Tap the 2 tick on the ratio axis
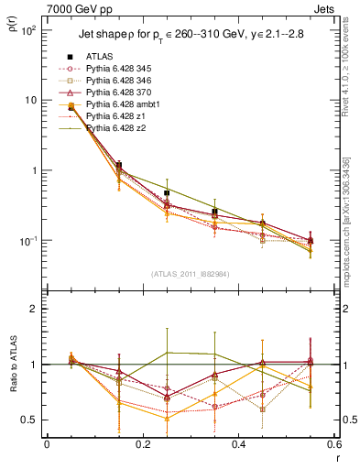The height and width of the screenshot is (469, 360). click(x=35, y=310)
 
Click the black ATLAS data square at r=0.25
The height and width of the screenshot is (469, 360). click(x=167, y=193)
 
